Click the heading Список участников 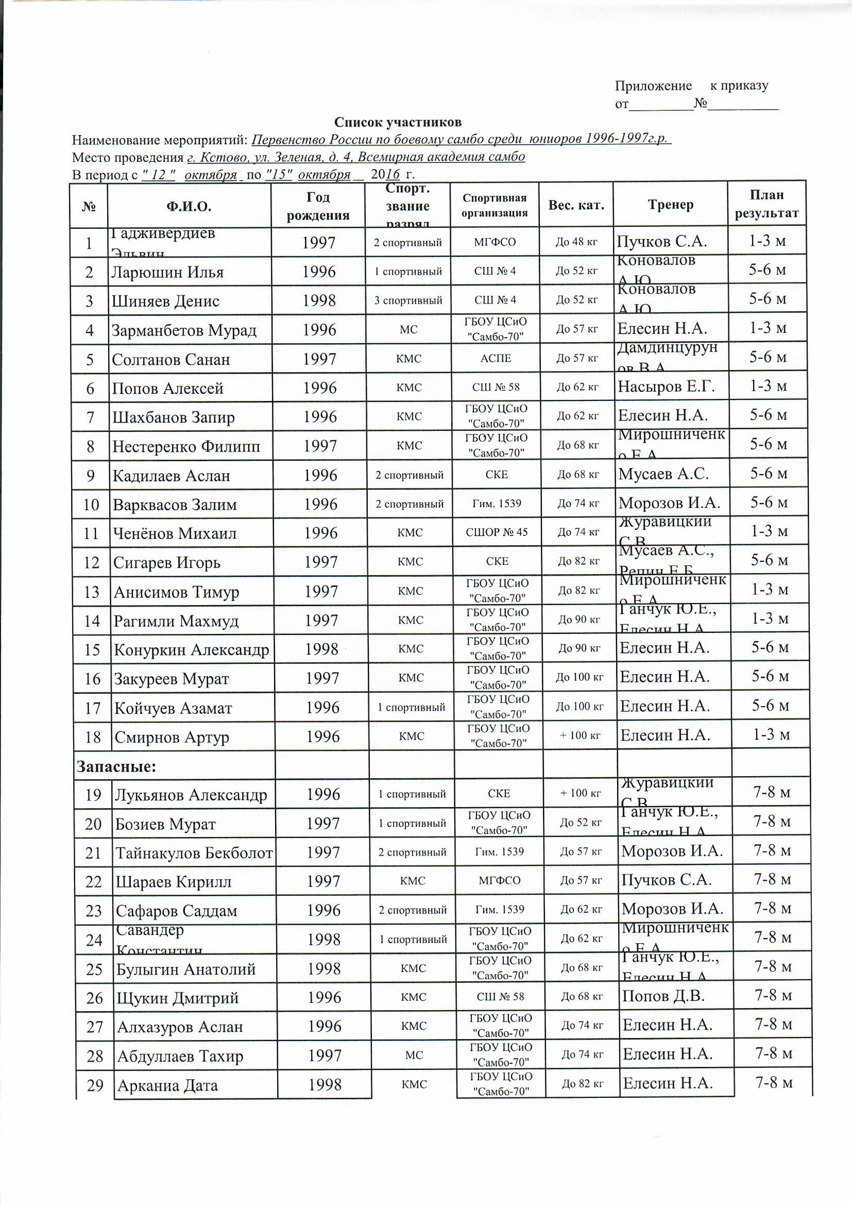(398, 122)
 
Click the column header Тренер (670, 205)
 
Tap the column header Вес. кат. (576, 205)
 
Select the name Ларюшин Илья (167, 272)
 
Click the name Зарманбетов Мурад (183, 331)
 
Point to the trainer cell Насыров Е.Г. (666, 388)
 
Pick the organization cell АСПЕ (495, 358)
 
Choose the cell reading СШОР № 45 (496, 532)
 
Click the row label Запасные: (116, 767)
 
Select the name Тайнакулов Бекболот (194, 853)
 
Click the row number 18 (92, 738)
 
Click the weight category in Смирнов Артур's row (580, 735)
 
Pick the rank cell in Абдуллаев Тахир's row (414, 1055)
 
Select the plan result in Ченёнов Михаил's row (769, 531)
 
